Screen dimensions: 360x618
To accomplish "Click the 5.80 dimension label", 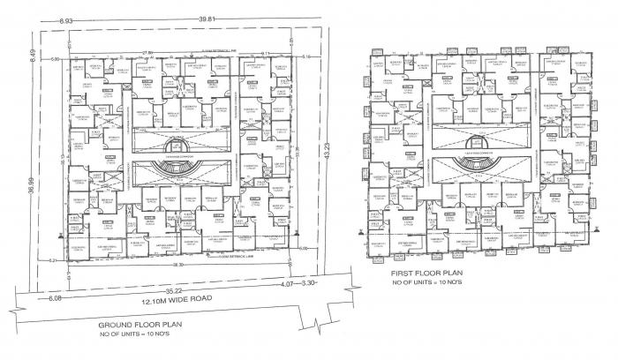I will (x=54, y=59).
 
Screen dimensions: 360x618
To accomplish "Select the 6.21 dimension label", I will (x=53, y=261).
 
